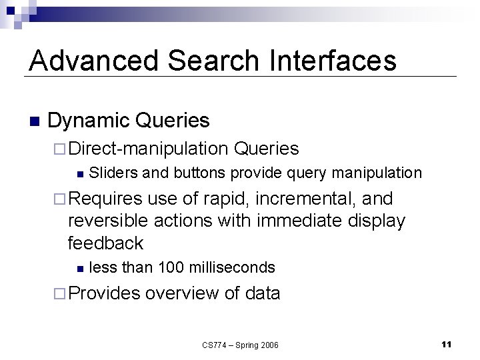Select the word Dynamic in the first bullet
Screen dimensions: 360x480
[89, 121]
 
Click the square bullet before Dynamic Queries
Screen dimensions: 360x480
[35, 122]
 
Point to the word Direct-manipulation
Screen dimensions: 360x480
[148, 149]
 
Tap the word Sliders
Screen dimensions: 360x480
[113, 173]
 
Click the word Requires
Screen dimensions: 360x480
[105, 199]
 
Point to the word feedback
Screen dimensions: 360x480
[105, 243]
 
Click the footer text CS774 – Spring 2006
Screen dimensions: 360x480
[240, 345]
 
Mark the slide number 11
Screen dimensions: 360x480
[446, 344]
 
